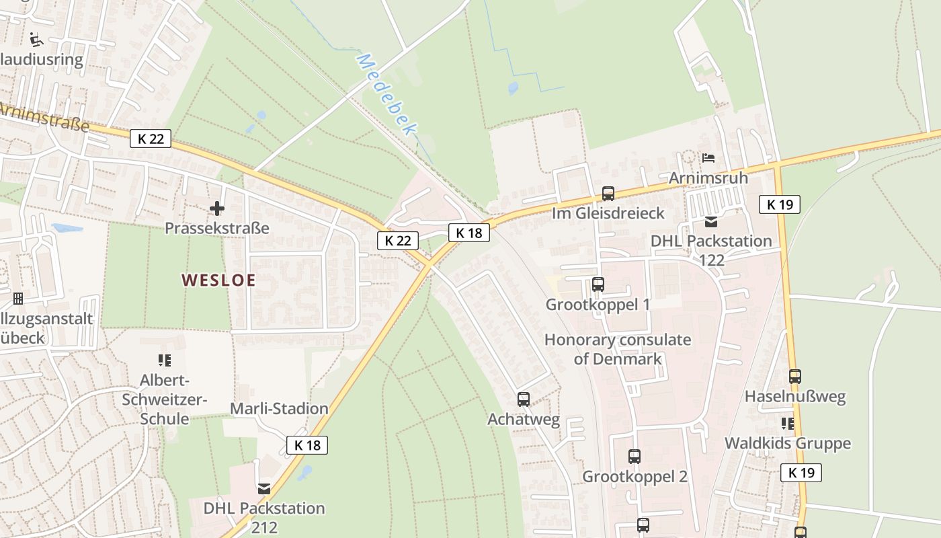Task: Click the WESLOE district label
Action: coord(219,280)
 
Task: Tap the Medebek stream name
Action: coord(386,94)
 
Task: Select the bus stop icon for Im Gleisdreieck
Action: coord(608,194)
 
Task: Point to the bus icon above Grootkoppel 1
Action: coord(598,284)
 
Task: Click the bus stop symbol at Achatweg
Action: coord(524,399)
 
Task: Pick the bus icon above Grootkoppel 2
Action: coord(635,457)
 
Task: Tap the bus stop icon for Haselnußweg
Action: coord(795,377)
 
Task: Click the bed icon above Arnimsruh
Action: coord(708,159)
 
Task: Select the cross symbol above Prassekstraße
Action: coord(217,208)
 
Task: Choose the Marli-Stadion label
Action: coord(279,408)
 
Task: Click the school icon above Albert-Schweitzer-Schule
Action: coord(165,360)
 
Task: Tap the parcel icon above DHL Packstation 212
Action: coord(264,488)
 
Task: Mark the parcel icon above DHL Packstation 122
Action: coord(711,221)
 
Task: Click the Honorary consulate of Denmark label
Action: coord(617,349)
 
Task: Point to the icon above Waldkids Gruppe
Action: coord(787,424)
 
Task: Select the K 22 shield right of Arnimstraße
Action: coord(151,139)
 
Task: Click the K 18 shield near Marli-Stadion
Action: coord(308,445)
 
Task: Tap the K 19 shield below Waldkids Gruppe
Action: coord(801,472)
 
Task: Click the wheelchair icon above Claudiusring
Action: coord(36,40)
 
